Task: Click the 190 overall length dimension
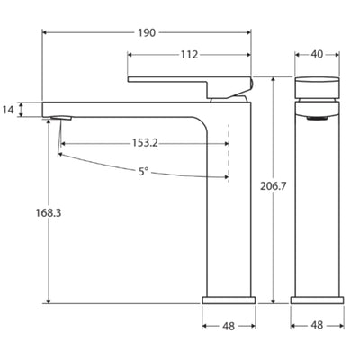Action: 147,32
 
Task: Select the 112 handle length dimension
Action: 188,55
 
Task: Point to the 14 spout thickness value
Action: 8,110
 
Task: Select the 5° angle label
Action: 144,171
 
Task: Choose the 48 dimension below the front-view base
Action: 317,326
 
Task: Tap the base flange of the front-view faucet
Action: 317,298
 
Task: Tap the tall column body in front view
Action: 317,207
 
